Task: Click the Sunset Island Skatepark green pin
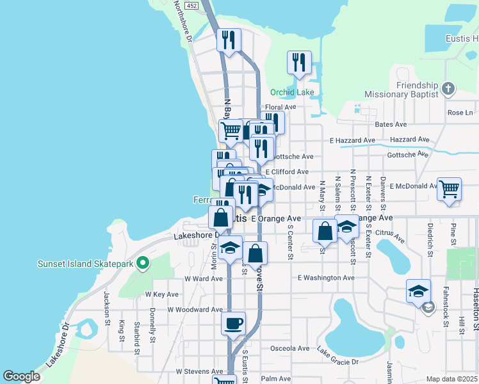pos(143,262)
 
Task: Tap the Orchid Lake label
pos(292,92)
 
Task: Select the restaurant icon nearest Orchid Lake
pos(299,63)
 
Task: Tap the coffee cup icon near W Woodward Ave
pos(233,322)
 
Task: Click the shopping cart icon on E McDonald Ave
pos(450,188)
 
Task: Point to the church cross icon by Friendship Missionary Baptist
pos(449,89)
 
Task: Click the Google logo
pos(21,376)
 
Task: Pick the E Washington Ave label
pos(326,278)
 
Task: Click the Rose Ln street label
pos(460,113)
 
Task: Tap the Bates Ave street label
pos(391,124)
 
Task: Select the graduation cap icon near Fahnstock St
pos(418,291)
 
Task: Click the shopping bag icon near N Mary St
pos(325,230)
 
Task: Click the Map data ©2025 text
pos(451,379)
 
